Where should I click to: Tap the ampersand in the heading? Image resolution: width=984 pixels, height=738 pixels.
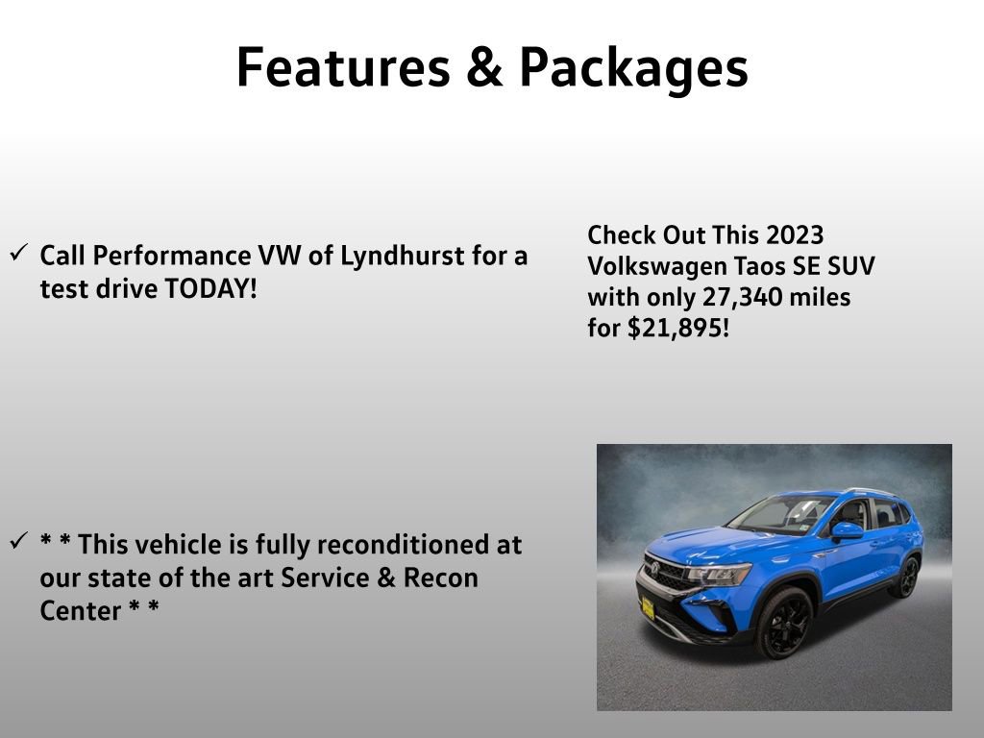click(x=486, y=68)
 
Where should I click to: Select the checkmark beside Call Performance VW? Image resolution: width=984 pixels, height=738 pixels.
click(x=19, y=254)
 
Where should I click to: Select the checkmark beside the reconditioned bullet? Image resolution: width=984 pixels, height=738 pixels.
click(x=19, y=542)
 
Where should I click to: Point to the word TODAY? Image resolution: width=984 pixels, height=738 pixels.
click(x=210, y=288)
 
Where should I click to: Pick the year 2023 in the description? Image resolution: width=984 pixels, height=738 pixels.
click(x=795, y=235)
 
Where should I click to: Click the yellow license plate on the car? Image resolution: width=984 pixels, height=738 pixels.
click(x=648, y=609)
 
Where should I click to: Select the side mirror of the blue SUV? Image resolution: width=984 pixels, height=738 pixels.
click(x=848, y=529)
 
